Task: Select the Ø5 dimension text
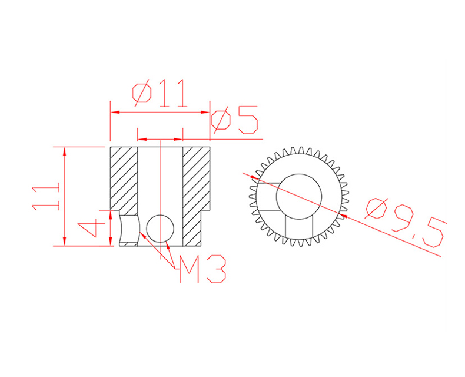point(234,120)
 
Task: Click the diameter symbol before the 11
point(142,94)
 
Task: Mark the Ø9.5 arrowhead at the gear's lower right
point(344,216)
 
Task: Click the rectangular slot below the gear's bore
point(299,227)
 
